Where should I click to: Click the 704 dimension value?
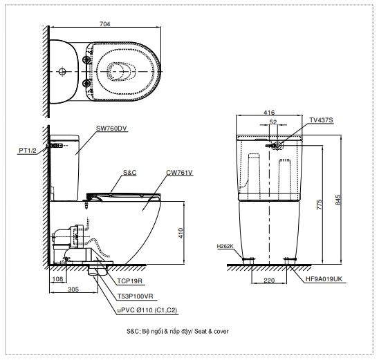[105, 24]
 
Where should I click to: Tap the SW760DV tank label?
[111, 129]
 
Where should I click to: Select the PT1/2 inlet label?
[28, 151]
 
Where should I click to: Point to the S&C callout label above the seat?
[130, 173]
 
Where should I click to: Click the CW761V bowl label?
[179, 173]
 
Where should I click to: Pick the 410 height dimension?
[181, 234]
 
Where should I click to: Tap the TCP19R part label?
[130, 281]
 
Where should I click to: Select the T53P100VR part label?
[136, 296]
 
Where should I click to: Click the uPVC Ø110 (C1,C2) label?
[147, 310]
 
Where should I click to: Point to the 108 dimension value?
[58, 279]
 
